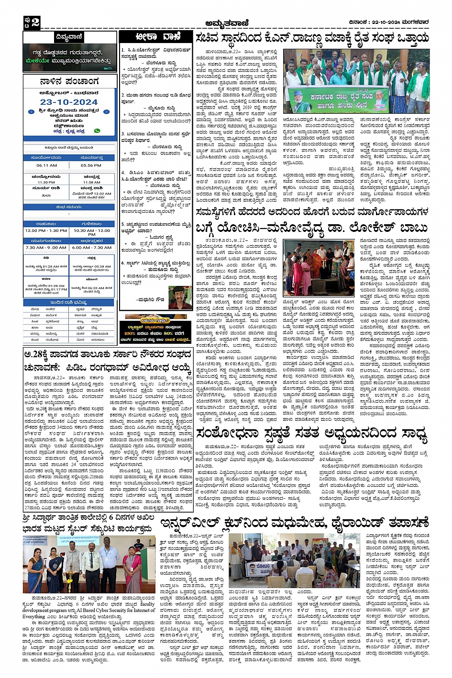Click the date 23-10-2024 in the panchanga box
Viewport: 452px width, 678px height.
click(x=69, y=102)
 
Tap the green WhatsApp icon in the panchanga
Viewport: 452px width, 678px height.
click(x=97, y=131)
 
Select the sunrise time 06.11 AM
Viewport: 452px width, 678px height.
click(x=46, y=165)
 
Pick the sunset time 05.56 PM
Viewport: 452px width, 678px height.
click(x=91, y=165)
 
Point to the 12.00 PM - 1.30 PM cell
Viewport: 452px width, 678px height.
click(x=46, y=230)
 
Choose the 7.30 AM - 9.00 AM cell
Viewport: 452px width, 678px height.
click(x=46, y=247)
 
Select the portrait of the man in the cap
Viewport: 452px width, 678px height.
click(x=180, y=297)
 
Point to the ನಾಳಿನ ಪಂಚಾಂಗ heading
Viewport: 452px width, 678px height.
click(x=69, y=81)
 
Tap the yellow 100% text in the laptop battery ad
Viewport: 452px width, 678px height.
click(x=130, y=333)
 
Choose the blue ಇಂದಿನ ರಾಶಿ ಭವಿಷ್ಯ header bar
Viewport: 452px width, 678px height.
click(x=69, y=302)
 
